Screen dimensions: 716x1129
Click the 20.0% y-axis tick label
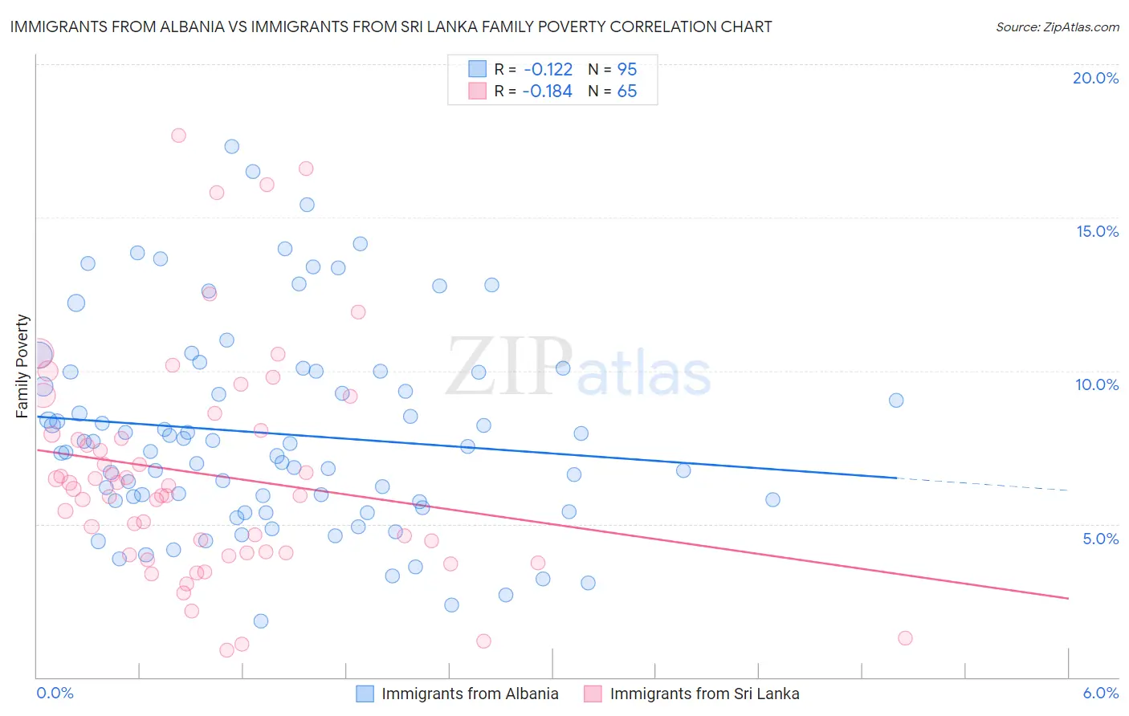tap(1095, 78)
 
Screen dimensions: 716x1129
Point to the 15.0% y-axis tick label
tap(1097, 231)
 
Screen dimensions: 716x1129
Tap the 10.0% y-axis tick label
tap(1097, 384)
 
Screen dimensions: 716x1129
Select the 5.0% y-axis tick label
tap(1100, 539)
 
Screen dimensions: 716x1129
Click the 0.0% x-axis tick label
tap(55, 694)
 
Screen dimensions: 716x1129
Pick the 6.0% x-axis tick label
tap(1100, 694)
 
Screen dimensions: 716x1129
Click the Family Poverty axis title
tap(22, 366)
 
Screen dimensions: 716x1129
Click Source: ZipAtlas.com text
tap(1057, 26)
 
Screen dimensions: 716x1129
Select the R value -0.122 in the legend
tap(548, 69)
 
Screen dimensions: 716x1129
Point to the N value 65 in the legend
tap(626, 92)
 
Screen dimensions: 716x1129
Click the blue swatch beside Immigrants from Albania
tap(365, 694)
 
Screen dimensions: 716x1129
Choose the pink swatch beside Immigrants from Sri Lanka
tap(593, 694)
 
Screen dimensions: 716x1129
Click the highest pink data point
tap(178, 136)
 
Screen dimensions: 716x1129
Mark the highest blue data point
tap(232, 146)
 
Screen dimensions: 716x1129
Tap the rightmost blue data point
tap(896, 401)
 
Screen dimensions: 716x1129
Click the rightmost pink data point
tap(905, 638)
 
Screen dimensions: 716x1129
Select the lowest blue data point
tap(261, 621)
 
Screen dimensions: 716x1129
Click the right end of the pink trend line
tap(1068, 598)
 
